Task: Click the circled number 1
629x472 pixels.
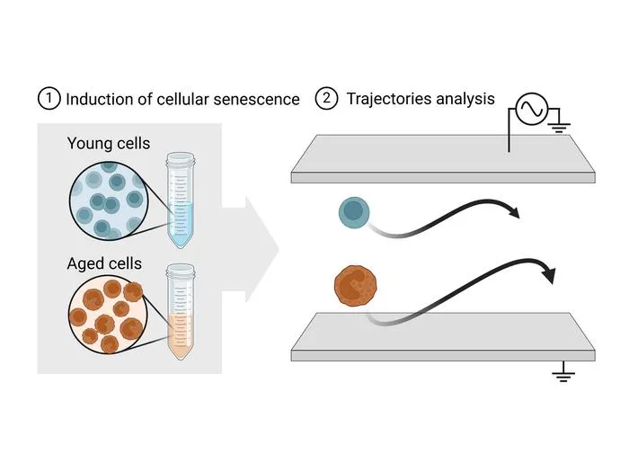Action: (x=49, y=99)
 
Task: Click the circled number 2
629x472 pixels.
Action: (x=326, y=98)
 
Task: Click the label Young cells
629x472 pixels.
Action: (x=109, y=144)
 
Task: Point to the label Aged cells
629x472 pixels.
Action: (x=104, y=263)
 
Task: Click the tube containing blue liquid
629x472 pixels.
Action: (x=181, y=200)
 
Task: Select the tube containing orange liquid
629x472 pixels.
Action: (x=181, y=311)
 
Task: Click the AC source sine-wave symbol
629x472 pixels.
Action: (x=532, y=109)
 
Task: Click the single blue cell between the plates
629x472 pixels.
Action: (x=354, y=212)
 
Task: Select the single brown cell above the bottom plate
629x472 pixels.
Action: (x=356, y=286)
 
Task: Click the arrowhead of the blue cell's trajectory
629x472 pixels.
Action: (x=515, y=212)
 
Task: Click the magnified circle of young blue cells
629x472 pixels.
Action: (x=109, y=201)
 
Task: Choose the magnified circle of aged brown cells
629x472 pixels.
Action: (x=108, y=315)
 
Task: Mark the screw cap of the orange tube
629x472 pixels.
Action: (x=181, y=271)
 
